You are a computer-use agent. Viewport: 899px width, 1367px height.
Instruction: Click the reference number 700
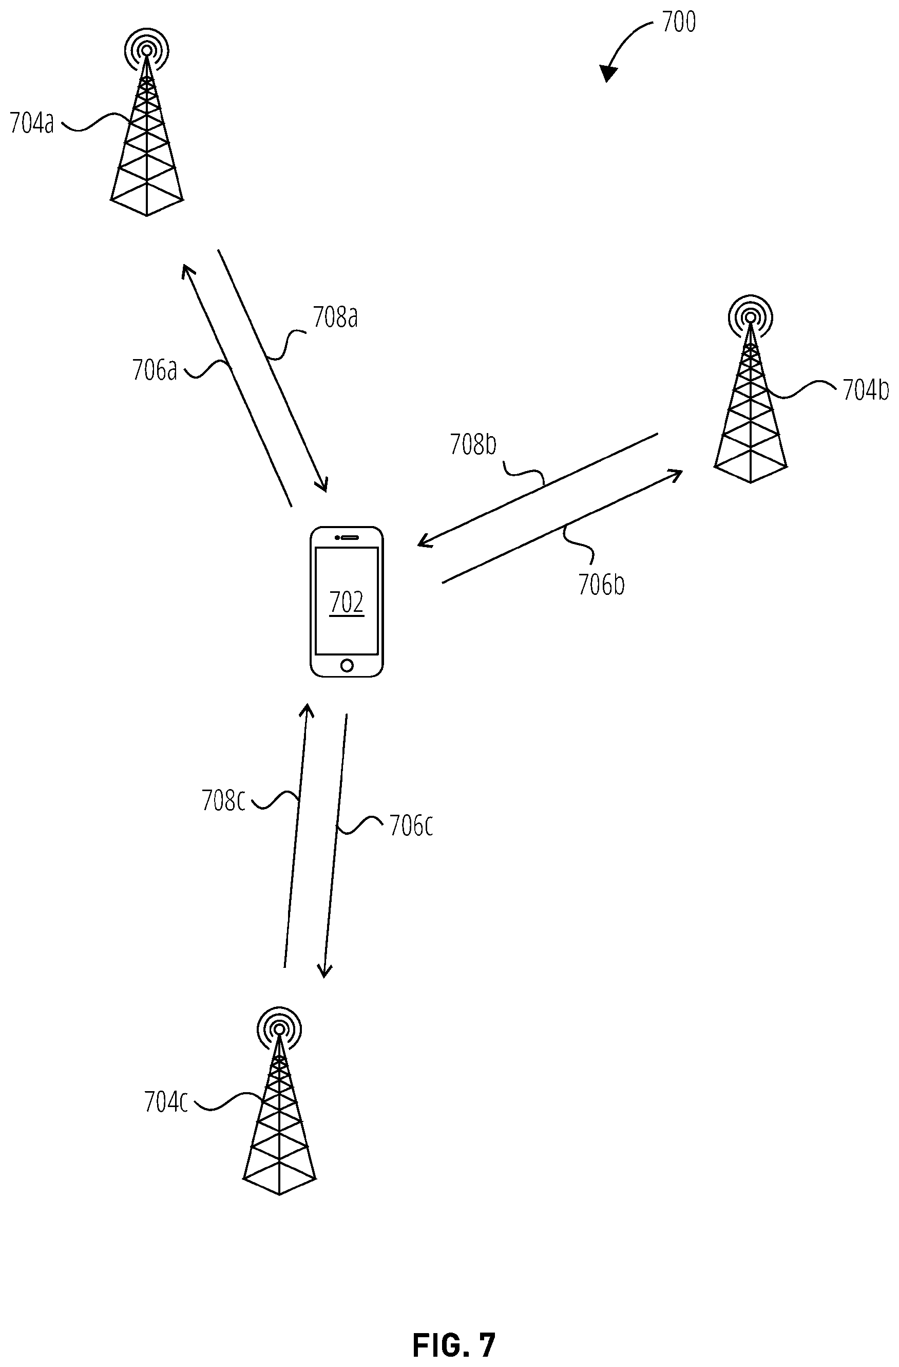(x=679, y=22)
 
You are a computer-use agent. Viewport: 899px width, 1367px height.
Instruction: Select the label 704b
(x=865, y=390)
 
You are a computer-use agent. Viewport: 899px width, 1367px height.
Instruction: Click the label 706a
(x=155, y=370)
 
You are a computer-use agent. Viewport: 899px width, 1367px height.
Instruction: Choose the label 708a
(x=335, y=317)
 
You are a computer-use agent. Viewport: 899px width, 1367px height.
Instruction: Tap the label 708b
(x=473, y=444)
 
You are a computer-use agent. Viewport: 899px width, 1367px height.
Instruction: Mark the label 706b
(x=601, y=585)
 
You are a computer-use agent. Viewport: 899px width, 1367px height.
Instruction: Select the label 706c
(x=411, y=826)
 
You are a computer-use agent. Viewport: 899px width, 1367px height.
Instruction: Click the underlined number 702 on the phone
(x=347, y=603)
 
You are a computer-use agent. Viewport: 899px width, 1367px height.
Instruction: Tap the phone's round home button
(x=347, y=665)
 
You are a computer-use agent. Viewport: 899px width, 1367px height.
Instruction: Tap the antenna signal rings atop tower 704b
(x=750, y=317)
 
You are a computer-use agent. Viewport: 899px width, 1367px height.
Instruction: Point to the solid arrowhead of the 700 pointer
(x=608, y=73)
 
